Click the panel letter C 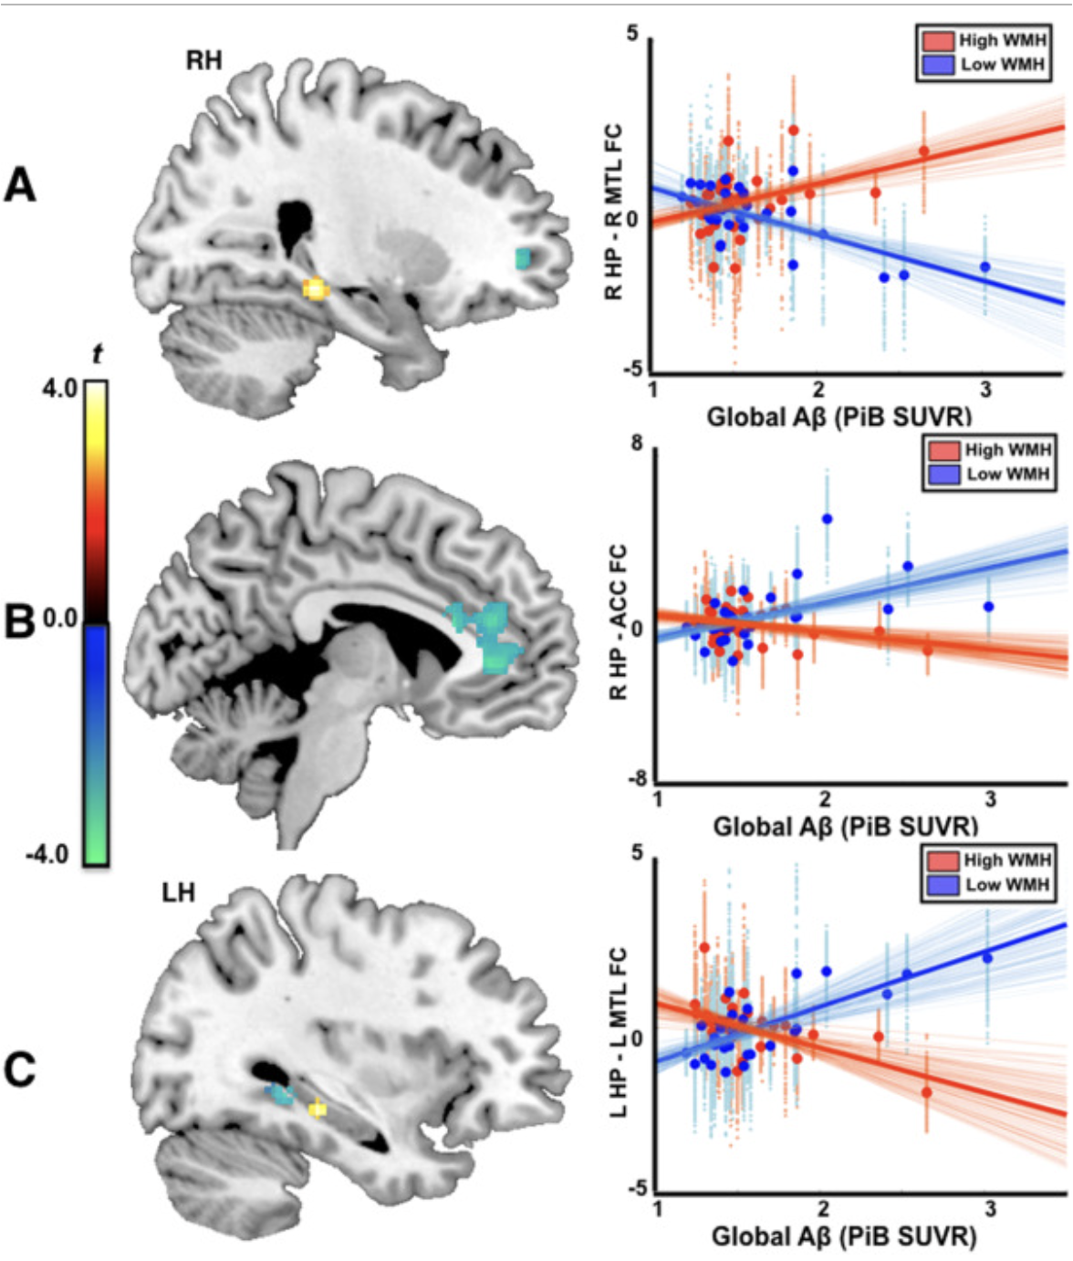[20, 1068]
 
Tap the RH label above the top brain [203, 61]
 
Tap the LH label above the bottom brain [178, 891]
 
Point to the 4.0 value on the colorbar [59, 388]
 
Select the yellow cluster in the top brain [315, 288]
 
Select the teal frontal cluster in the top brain [524, 258]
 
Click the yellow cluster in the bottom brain [318, 1108]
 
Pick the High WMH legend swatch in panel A [938, 41]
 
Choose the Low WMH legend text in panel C [1008, 884]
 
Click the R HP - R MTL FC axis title [613, 212]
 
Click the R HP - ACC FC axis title [618, 620]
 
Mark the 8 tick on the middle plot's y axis [637, 443]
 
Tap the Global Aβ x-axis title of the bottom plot [844, 1236]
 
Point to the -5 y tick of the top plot [630, 369]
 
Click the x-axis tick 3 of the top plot [986, 390]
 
